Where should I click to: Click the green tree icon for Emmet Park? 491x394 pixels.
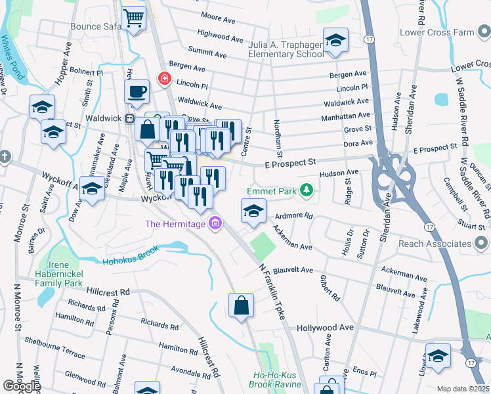(x=306, y=191)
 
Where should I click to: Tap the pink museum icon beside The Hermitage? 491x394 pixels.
(x=214, y=225)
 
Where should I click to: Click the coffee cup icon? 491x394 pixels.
(x=137, y=92)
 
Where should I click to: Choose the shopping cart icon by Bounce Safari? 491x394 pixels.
(x=133, y=19)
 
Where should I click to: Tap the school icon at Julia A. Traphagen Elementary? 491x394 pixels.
(x=335, y=41)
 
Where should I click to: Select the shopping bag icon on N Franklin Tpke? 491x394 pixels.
(x=241, y=305)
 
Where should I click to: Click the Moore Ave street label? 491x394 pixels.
(x=218, y=18)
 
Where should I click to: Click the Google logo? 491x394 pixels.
(x=22, y=386)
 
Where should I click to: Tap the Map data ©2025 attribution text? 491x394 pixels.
(x=463, y=389)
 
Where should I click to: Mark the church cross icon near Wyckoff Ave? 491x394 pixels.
(x=5, y=156)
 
